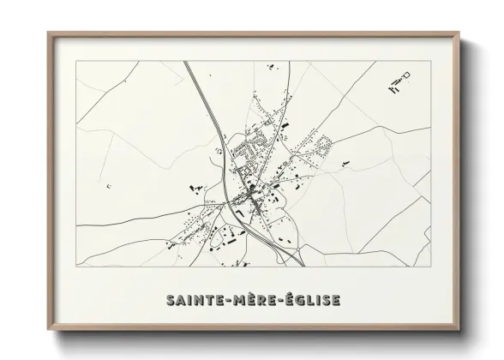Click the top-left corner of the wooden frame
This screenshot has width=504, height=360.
pyautogui.click(x=49, y=33)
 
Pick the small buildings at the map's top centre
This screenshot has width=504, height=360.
pyautogui.click(x=269, y=66)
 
